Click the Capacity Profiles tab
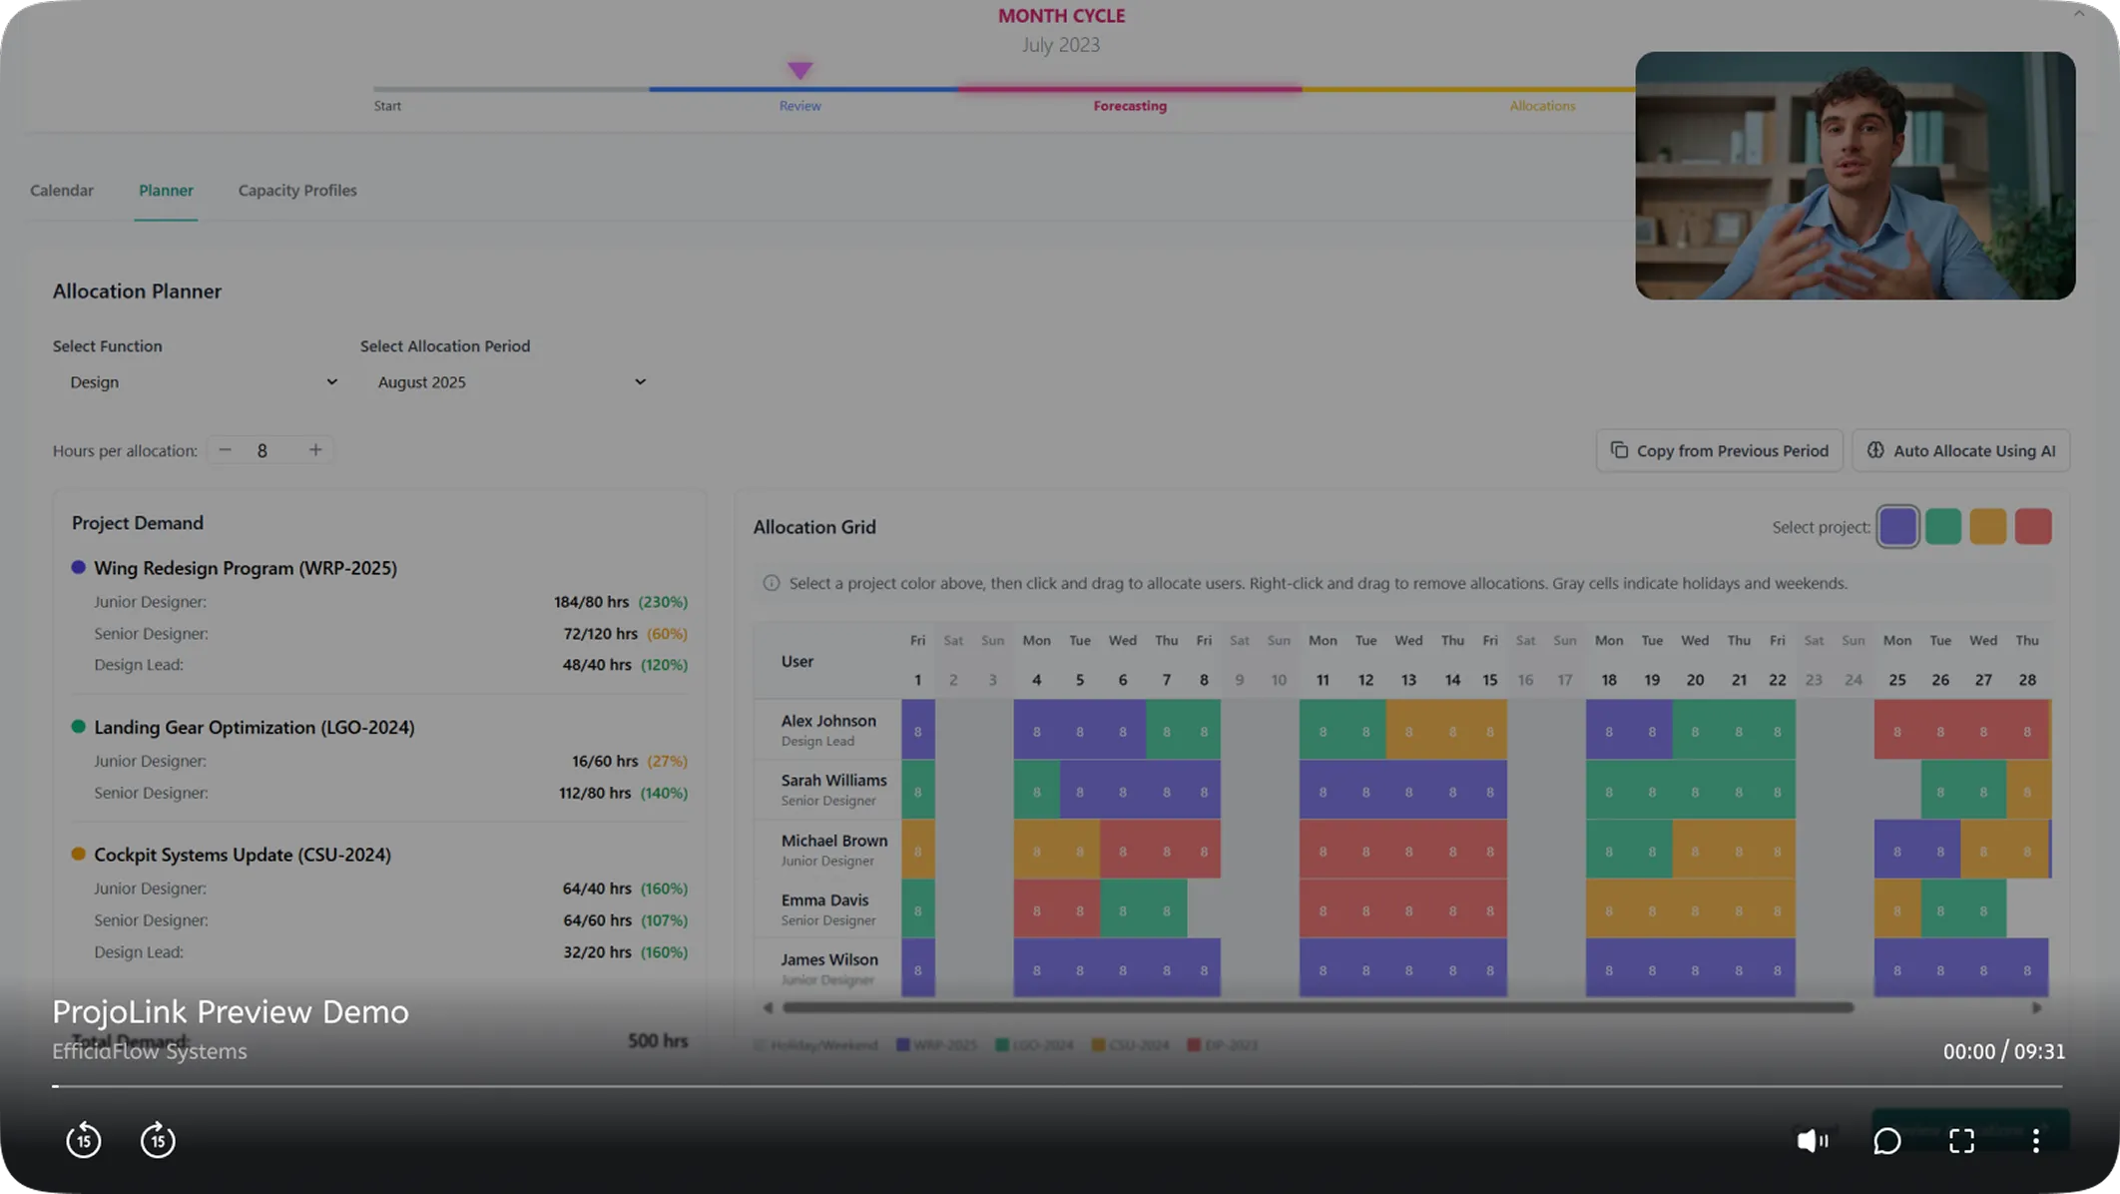coord(296,190)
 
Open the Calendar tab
coord(62,190)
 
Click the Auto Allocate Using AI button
coord(1961,450)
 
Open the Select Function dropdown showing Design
coord(200,382)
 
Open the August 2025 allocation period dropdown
coord(509,382)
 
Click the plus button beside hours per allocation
coord(315,450)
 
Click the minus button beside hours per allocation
coord(225,450)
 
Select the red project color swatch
coord(2032,527)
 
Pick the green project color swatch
coord(1942,527)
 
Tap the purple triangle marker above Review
coord(799,70)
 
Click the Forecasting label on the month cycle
coord(1130,106)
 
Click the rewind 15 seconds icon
coord(84,1140)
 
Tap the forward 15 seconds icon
coord(158,1140)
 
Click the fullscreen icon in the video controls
coord(1961,1140)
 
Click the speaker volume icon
coord(1812,1140)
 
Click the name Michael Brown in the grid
coord(833,841)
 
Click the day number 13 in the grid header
coord(1408,680)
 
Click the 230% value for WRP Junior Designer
coord(663,602)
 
